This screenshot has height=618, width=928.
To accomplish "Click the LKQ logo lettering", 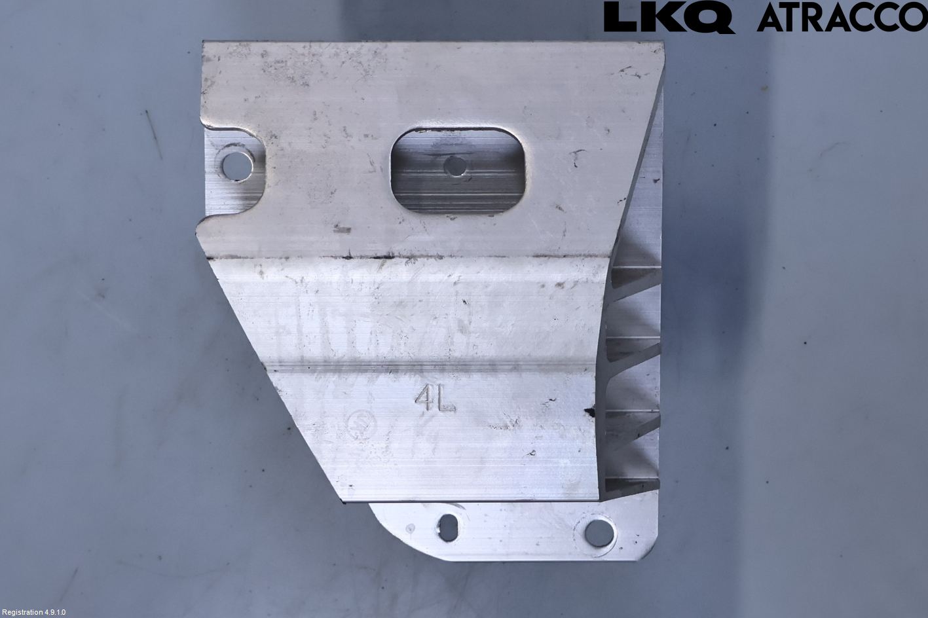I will [x=668, y=18].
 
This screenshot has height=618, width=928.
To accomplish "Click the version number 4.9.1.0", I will [x=56, y=612].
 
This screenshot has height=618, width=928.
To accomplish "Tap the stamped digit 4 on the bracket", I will [x=424, y=399].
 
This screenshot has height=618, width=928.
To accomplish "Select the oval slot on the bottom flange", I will [x=449, y=528].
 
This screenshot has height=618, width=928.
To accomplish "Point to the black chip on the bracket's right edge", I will [x=590, y=412].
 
